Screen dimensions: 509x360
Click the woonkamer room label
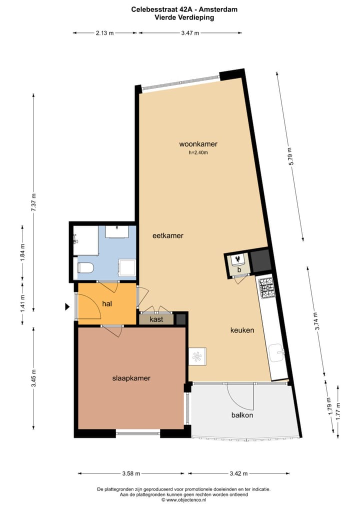click(198, 144)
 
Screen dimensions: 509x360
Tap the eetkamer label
click(168, 235)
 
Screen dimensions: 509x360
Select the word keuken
click(242, 330)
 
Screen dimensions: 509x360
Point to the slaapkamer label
click(131, 378)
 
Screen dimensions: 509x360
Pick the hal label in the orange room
click(106, 303)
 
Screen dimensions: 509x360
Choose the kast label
click(156, 319)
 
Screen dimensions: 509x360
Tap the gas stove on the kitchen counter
click(265, 287)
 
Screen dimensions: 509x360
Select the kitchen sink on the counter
click(276, 352)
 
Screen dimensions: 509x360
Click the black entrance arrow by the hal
click(67, 307)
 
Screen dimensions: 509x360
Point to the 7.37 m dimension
click(34, 202)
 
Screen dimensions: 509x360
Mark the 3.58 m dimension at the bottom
click(131, 473)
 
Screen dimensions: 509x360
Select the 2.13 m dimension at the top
click(105, 33)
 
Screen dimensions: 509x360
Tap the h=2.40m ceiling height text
click(198, 153)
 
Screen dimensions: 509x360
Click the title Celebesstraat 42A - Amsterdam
click(184, 9)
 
